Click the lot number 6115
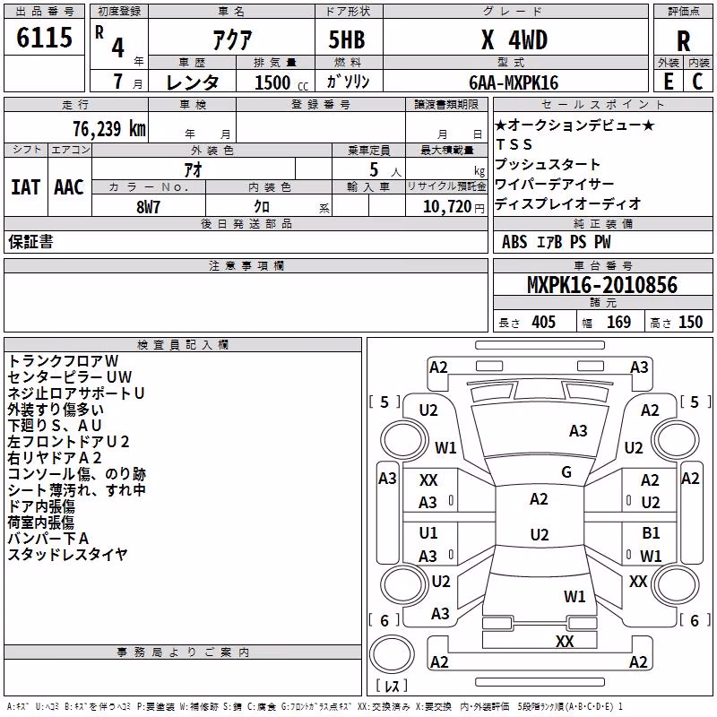point(44,37)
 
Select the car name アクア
point(232,39)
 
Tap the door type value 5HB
point(347,39)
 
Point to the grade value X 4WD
point(514,39)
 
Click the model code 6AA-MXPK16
point(514,82)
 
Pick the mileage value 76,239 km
point(109,129)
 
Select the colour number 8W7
point(148,207)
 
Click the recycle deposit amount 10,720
point(446,207)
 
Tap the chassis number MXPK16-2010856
point(602,285)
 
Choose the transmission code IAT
point(26,187)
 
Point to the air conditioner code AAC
point(69,187)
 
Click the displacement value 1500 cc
point(281,82)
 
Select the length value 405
point(543,322)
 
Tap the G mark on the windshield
point(566,471)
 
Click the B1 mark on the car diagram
point(651,532)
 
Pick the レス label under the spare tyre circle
point(392,685)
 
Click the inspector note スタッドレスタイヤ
point(68,554)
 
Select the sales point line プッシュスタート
point(548,164)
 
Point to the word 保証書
point(30,241)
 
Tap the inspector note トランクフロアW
point(63,361)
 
